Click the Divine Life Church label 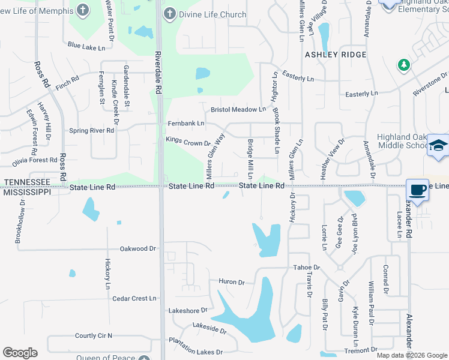(x=212, y=14)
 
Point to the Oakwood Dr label (x=137, y=248)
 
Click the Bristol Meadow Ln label (x=238, y=110)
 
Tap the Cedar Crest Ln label (x=134, y=298)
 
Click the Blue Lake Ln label (x=86, y=46)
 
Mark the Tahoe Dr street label (x=306, y=268)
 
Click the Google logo (x=20, y=353)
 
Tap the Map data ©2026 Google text (x=412, y=355)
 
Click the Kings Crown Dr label (x=188, y=143)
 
